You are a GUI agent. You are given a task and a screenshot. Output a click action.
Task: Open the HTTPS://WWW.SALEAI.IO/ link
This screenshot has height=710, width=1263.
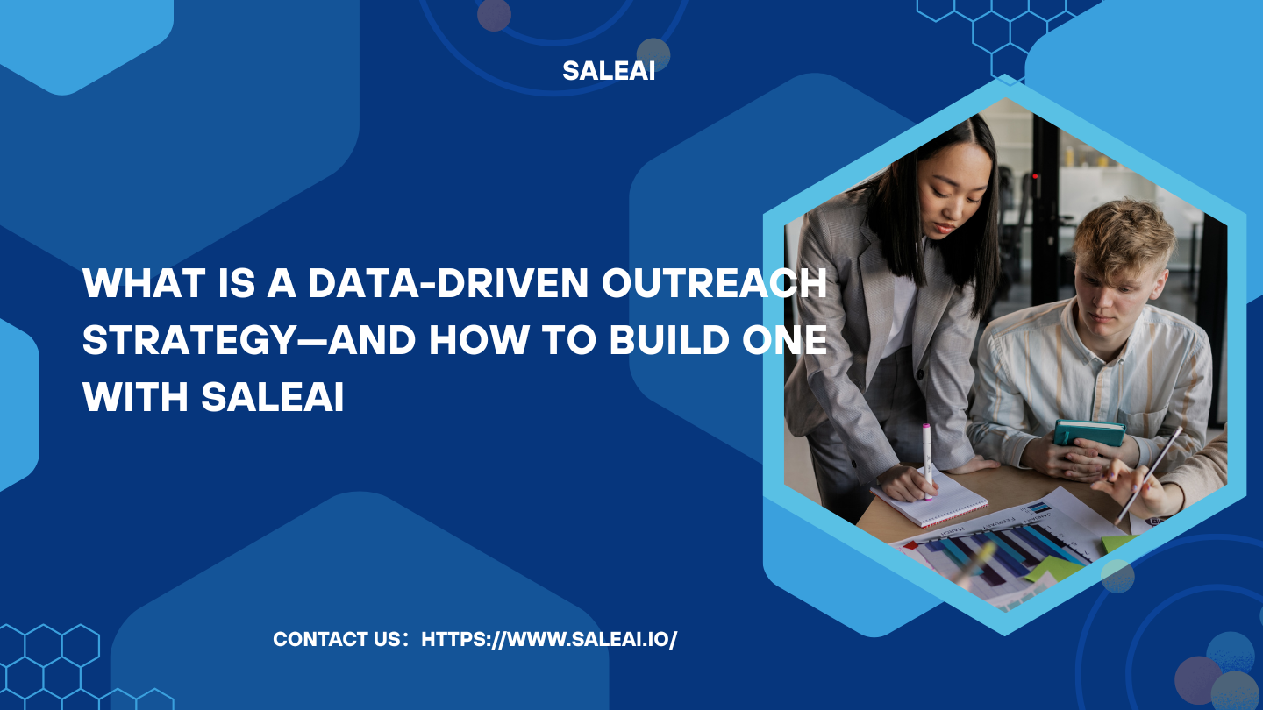tap(549, 640)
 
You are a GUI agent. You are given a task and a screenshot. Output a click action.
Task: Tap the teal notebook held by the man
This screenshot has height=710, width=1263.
tap(1088, 432)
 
